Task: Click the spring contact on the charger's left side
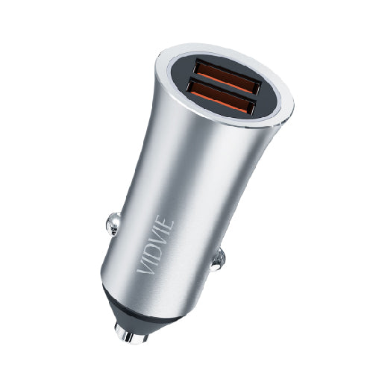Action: click(x=112, y=222)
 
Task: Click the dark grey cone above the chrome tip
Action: click(x=138, y=313)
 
